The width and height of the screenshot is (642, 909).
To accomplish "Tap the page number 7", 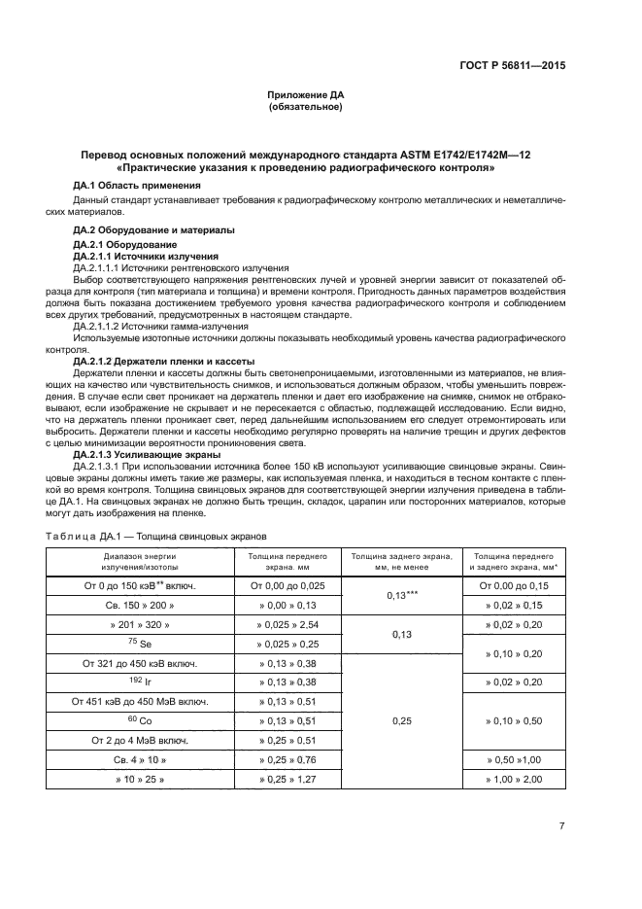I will [562, 826].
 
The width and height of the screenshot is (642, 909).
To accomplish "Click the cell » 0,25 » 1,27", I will [292, 780].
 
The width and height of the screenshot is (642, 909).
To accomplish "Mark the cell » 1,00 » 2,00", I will [514, 780].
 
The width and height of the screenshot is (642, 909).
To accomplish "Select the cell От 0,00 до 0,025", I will [292, 586].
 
